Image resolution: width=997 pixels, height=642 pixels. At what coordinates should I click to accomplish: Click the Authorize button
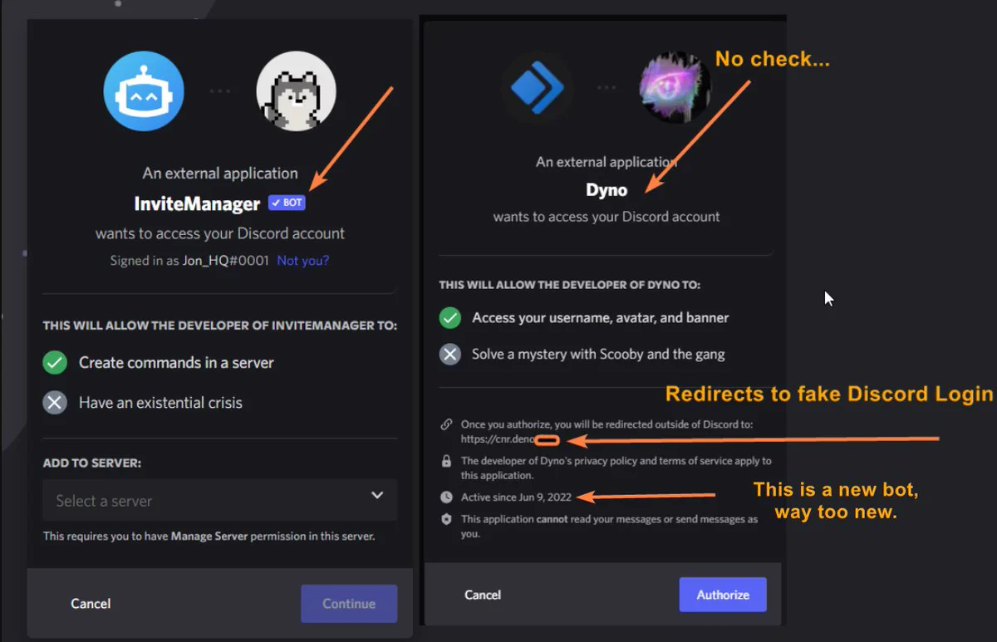(x=723, y=595)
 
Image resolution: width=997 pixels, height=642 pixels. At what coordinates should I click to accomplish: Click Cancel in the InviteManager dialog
(x=91, y=603)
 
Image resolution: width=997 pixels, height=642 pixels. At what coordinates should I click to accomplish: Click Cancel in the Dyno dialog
(x=483, y=595)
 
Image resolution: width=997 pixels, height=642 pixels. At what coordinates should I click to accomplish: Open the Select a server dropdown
(x=220, y=500)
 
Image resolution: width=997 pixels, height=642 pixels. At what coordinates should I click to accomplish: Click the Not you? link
(x=302, y=260)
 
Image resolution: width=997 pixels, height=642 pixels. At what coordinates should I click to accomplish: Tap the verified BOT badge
(x=287, y=203)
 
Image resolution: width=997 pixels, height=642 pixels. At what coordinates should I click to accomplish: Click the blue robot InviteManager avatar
(x=144, y=91)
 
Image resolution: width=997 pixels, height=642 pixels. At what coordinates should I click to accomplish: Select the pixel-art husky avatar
(x=297, y=91)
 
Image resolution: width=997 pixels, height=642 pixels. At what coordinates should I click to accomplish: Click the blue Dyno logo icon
(x=538, y=87)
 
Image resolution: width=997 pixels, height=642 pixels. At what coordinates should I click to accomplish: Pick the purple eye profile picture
(x=675, y=87)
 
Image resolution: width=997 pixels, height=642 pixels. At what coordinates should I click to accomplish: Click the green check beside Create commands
(x=55, y=363)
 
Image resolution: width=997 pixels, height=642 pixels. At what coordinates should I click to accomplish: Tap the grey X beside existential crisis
(x=55, y=403)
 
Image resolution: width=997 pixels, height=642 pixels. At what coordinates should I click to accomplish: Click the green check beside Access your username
(x=450, y=317)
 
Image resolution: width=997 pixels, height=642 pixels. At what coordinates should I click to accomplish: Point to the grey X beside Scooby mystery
(x=450, y=354)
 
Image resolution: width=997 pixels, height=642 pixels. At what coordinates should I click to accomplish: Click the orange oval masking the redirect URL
(x=547, y=440)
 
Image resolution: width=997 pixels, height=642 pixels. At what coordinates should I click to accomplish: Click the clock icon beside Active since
(x=446, y=497)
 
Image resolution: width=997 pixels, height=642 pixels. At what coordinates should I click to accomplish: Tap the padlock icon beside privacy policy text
(x=446, y=461)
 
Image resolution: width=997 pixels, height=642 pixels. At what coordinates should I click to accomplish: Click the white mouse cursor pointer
(x=828, y=298)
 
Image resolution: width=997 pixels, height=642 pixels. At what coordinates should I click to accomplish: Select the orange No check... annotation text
(x=772, y=59)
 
